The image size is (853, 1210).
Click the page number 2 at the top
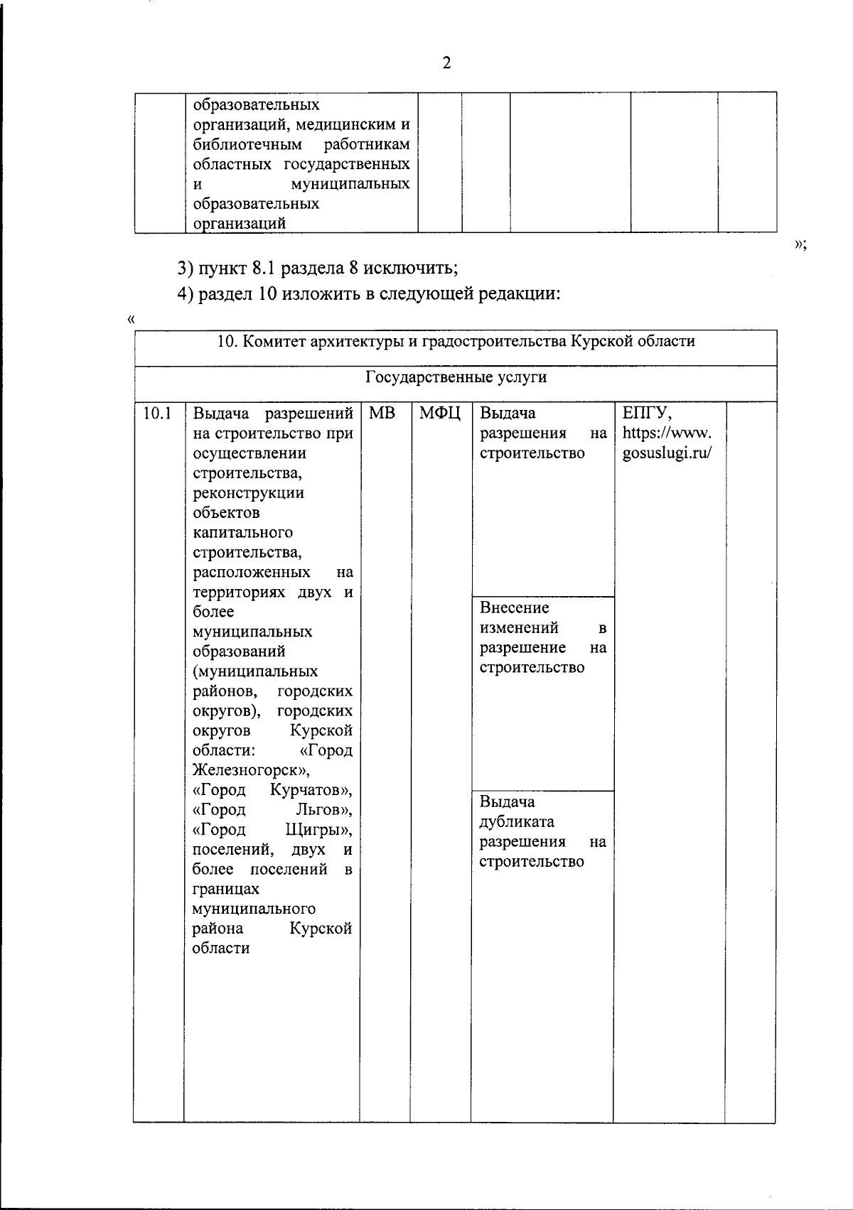(446, 63)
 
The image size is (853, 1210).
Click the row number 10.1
(158, 414)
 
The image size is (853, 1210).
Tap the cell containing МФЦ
(440, 414)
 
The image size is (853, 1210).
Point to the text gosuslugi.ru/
(667, 453)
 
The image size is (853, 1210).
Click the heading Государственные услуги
(456, 377)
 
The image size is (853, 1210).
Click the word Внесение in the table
(514, 608)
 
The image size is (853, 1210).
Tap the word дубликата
(516, 822)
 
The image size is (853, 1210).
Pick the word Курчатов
(309, 790)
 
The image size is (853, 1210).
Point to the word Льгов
(322, 810)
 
